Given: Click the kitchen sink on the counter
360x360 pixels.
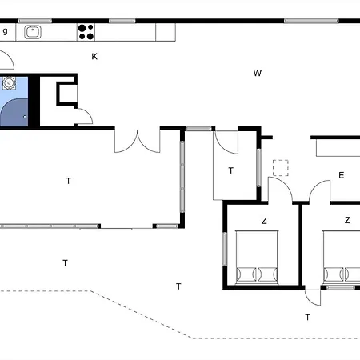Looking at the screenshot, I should [x=33, y=32].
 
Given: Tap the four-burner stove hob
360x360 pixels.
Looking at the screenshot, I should [x=86, y=32].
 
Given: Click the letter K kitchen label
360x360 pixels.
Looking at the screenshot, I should [x=94, y=56].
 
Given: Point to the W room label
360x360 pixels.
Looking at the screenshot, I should [x=258, y=74].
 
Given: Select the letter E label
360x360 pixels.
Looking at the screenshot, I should [x=341, y=175].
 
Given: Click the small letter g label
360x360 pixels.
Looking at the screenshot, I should [x=5, y=31].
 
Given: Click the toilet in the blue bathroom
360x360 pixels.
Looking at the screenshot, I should [x=9, y=82].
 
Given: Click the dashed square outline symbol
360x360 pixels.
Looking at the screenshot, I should [x=280, y=167].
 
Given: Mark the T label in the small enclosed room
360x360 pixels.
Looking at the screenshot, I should [x=231, y=170].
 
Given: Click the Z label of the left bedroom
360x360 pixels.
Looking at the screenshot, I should [x=264, y=220].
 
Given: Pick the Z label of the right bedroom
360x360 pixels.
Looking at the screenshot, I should [x=347, y=220].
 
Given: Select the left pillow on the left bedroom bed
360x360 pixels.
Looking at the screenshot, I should [x=246, y=273].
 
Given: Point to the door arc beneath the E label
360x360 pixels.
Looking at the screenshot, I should [x=320, y=193].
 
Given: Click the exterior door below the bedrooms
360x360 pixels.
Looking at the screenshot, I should [x=313, y=297].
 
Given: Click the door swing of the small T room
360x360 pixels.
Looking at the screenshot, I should [x=226, y=142].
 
